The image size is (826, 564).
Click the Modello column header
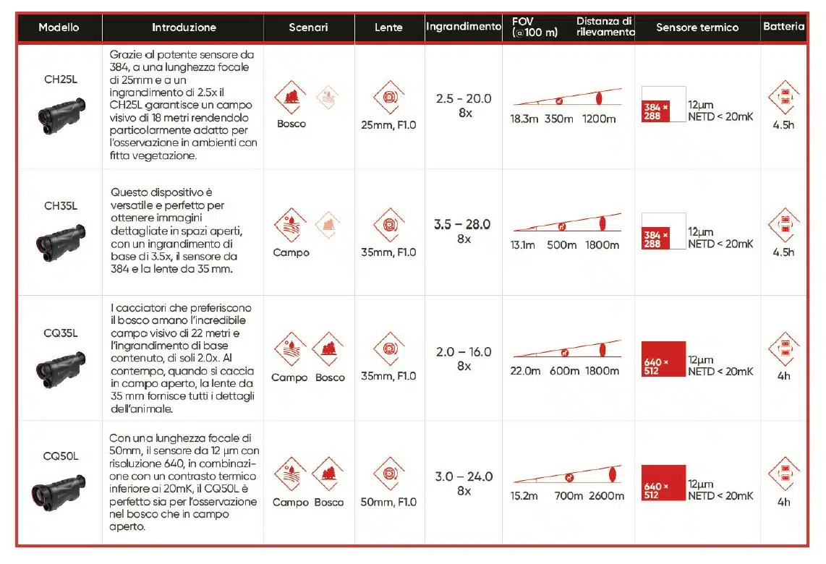(59, 27)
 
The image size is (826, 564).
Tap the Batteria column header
(783, 27)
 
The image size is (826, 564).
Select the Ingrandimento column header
(464, 27)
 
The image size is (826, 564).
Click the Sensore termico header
(697, 27)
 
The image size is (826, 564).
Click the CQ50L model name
(61, 456)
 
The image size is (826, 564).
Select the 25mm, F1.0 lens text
(389, 125)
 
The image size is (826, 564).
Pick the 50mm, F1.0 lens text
(389, 502)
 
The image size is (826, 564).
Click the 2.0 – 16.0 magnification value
(464, 352)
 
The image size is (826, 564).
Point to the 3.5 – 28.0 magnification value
(463, 225)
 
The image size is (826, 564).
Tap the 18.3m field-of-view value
(524, 119)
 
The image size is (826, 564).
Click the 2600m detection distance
(606, 496)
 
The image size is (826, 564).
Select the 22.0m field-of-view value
(526, 371)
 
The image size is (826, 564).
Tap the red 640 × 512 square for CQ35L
(663, 359)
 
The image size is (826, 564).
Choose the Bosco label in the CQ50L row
(329, 502)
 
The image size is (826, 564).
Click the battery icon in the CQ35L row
(783, 349)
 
